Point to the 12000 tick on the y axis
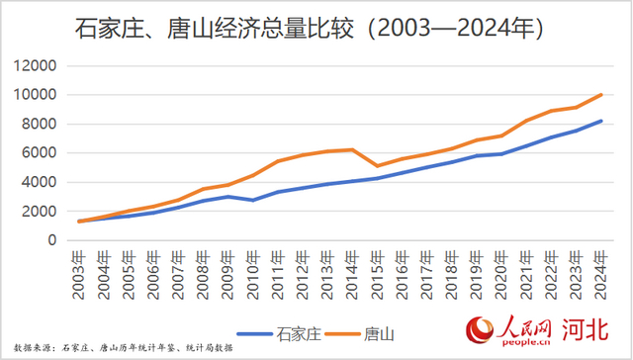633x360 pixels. [37, 66]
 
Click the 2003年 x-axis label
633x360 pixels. [80, 268]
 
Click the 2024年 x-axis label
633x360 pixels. [599, 268]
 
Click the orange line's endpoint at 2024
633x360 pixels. [600, 95]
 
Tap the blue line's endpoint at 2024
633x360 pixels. [600, 121]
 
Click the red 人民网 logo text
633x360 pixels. [516, 327]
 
